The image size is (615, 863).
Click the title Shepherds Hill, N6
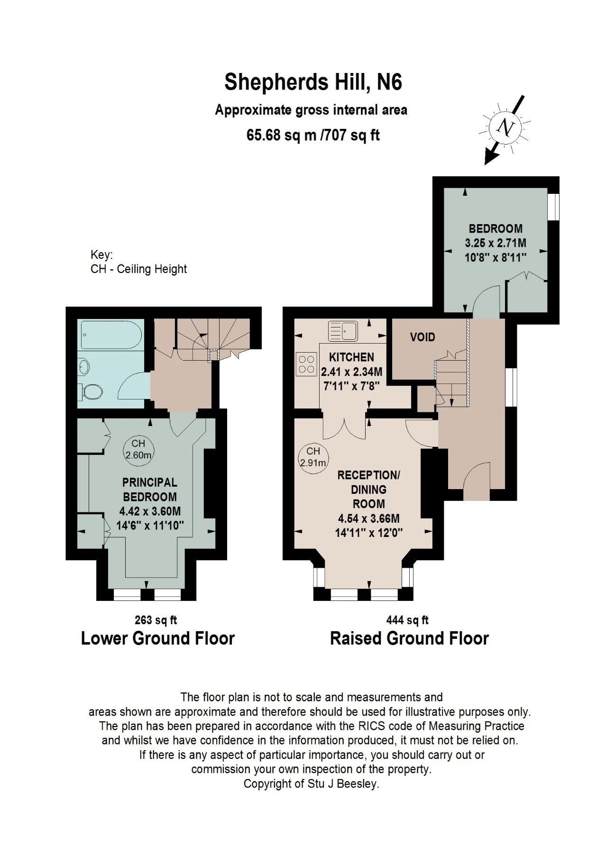click(x=313, y=82)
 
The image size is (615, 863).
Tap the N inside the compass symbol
click(x=506, y=127)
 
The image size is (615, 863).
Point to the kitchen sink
click(x=343, y=330)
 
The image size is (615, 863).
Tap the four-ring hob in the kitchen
click(x=307, y=364)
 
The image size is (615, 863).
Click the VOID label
click(x=422, y=337)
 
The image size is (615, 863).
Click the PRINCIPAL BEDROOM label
click(x=150, y=490)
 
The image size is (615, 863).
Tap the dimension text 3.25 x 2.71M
click(x=495, y=243)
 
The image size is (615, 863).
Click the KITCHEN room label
click(x=351, y=357)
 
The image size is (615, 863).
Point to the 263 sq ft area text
click(x=156, y=620)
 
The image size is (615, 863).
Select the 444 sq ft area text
click(x=407, y=620)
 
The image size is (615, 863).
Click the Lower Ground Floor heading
click(x=158, y=638)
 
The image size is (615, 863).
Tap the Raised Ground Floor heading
click(x=409, y=638)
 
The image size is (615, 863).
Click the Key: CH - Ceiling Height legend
click(x=138, y=262)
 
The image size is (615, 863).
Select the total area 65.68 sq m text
click(x=281, y=136)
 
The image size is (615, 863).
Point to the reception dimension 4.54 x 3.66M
click(x=368, y=518)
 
